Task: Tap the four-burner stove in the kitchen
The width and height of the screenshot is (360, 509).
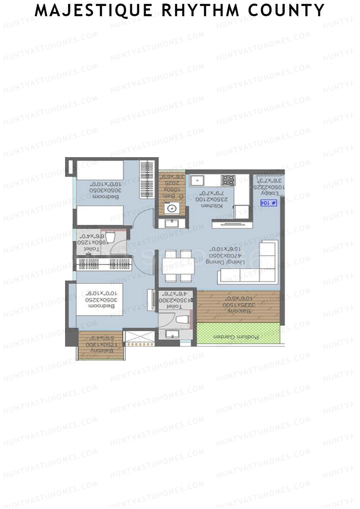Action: point(228,181)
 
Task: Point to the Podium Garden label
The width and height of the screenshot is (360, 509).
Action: point(236,337)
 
